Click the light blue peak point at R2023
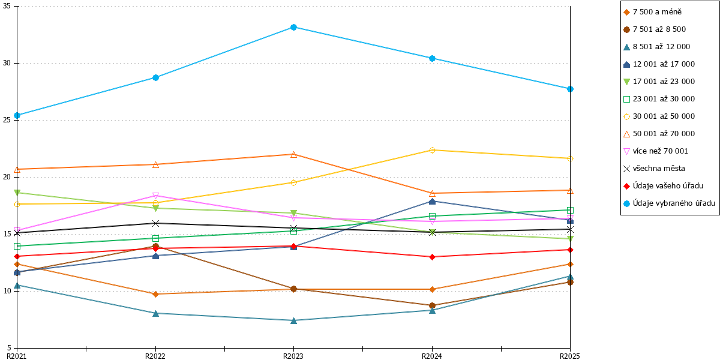pos(293,28)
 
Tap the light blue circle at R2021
pos(17,115)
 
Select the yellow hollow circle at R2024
pos(432,150)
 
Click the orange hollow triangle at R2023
pos(293,155)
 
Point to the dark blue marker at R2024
pos(432,201)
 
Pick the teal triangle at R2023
pos(293,320)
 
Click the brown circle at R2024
pos(432,305)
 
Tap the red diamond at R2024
pos(432,257)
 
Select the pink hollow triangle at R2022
pos(155,196)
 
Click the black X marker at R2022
pos(155,223)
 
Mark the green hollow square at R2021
pos(17,246)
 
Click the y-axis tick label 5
pos(9,347)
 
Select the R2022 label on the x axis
pos(155,356)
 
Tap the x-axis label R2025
pos(570,356)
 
